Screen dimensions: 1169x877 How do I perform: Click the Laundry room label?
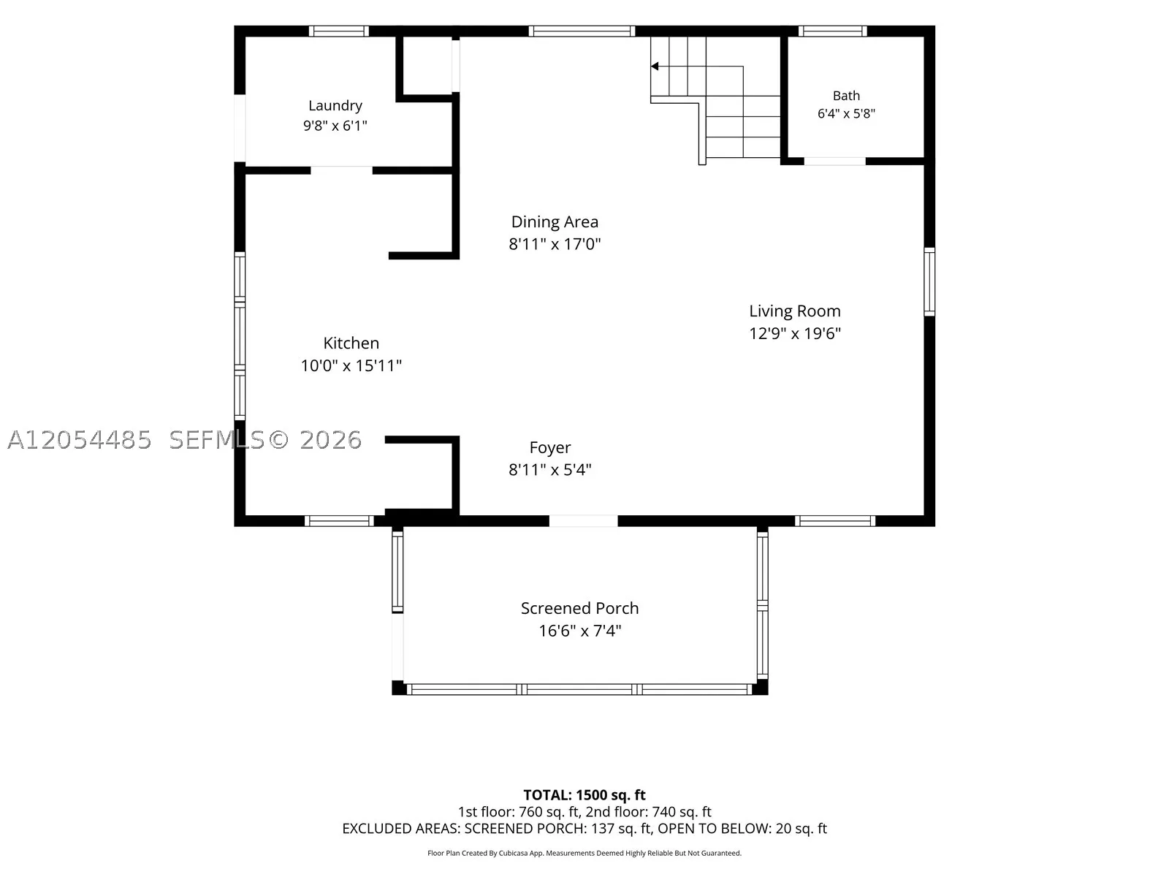(335, 105)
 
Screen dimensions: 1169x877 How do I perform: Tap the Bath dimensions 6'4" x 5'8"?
(846, 113)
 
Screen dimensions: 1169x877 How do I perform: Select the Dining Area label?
(555, 221)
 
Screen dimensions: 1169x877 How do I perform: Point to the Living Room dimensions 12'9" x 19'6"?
(795, 333)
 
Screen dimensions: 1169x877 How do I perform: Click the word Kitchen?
(351, 343)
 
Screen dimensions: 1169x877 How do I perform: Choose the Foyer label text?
(550, 448)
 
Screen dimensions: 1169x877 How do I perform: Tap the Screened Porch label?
(579, 608)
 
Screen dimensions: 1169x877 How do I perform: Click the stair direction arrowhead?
(655, 67)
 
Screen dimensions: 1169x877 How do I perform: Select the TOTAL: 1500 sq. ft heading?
(584, 795)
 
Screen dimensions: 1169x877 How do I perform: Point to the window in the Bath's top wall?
(832, 31)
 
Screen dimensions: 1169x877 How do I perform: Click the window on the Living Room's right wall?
(929, 281)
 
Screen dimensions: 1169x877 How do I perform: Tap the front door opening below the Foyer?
(583, 521)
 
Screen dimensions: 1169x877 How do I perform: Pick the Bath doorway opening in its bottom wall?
(834, 162)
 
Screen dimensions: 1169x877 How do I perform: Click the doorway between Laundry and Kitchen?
(341, 170)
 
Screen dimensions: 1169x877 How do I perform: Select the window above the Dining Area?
(582, 31)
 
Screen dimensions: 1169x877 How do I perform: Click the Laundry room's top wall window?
(339, 31)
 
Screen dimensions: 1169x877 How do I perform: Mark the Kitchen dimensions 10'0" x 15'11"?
(351, 366)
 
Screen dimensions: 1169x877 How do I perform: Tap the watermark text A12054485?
(80, 440)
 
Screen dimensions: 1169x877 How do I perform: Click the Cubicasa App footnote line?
(584, 853)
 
